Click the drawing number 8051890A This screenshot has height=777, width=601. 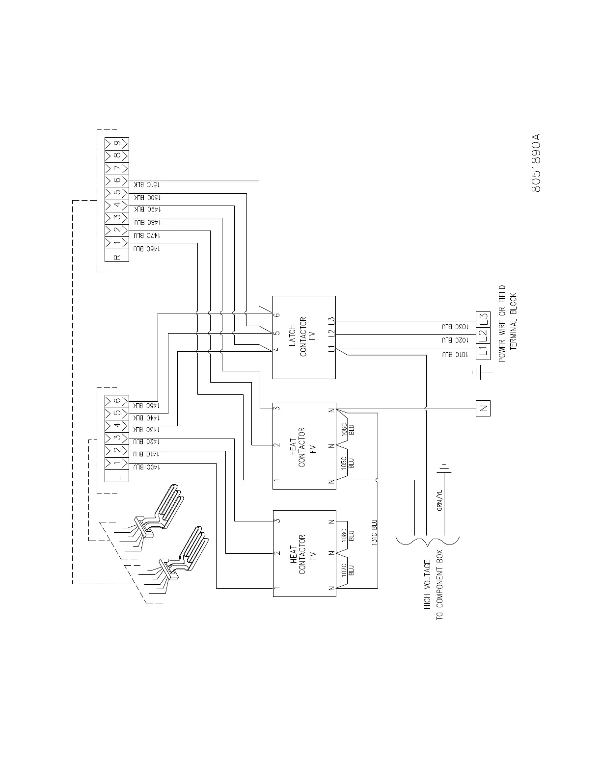coord(536,162)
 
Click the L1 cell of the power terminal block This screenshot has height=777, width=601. coord(483,350)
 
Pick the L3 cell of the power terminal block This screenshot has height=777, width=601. coord(483,319)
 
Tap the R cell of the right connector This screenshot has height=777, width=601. coord(117,257)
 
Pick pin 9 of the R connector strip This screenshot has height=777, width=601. coord(117,143)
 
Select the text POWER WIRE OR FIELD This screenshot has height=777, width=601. coord(502,324)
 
